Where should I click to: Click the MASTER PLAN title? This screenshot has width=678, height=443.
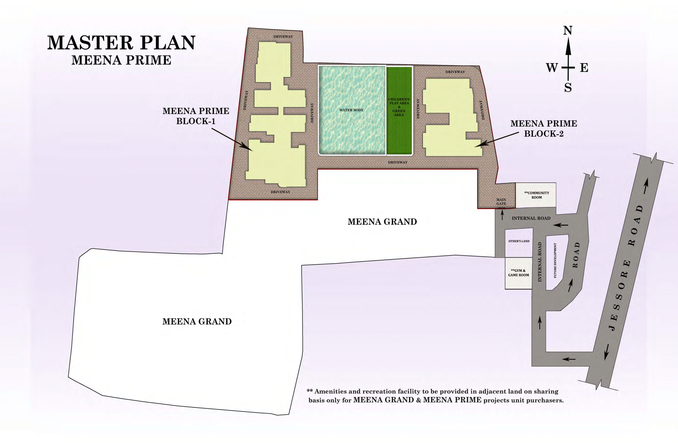coord(121,43)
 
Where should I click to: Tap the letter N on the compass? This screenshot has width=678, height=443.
coord(568,30)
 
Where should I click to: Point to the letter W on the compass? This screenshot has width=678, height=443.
coord(552,68)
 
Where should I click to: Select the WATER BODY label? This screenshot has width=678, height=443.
coord(351,110)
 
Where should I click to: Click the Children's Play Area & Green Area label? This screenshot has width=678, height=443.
coord(399,107)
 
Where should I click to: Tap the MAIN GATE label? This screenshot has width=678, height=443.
coord(501,202)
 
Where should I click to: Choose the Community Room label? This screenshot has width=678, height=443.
coord(536,195)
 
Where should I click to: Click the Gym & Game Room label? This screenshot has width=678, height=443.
coord(519,273)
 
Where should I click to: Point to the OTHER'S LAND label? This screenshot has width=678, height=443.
coord(519,241)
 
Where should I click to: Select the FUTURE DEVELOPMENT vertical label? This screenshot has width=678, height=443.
coord(555,260)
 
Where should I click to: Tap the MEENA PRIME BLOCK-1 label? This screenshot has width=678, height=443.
coord(196,116)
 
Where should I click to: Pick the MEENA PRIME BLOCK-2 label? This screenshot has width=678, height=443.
coord(544,129)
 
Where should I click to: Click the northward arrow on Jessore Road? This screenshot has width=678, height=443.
coord(646,186)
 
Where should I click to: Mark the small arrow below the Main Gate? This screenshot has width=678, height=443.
coord(502,215)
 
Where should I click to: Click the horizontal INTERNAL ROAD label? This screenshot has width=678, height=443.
coord(531,218)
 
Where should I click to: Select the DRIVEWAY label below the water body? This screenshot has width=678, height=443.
coord(397,162)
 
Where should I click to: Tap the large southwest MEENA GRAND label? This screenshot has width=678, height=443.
coord(197,321)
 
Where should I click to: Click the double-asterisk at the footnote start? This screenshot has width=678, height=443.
coord(309,391)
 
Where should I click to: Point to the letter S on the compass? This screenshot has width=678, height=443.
coord(568,88)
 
